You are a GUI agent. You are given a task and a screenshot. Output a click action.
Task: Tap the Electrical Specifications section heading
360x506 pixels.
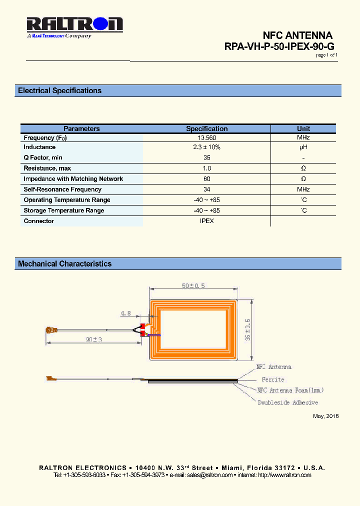pyautogui.click(x=59, y=90)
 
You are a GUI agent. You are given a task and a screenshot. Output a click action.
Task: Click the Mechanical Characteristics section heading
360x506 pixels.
pyautogui.click(x=64, y=263)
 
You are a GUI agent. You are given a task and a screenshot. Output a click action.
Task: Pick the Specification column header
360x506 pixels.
pyautogui.click(x=206, y=128)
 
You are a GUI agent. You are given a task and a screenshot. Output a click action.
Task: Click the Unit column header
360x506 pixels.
pyautogui.click(x=303, y=128)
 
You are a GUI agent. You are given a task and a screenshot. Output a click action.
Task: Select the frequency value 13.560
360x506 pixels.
pyautogui.click(x=206, y=137)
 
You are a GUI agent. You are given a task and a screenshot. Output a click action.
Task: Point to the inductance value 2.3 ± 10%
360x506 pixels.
pyautogui.click(x=206, y=147)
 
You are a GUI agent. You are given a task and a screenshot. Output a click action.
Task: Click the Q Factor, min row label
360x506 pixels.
pyautogui.click(x=43, y=158)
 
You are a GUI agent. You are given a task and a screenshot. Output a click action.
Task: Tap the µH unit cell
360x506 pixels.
pyautogui.click(x=303, y=147)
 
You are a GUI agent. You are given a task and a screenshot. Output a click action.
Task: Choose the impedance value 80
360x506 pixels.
pyautogui.click(x=206, y=179)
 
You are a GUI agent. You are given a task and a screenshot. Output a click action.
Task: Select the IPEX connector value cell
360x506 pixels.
pyautogui.click(x=206, y=221)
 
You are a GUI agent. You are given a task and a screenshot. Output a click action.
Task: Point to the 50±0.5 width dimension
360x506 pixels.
pyautogui.click(x=193, y=285)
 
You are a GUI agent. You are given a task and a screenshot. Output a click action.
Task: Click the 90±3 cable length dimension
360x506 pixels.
pyautogui.click(x=94, y=339)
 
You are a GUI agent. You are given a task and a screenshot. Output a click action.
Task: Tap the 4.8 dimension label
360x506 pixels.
pyautogui.click(x=125, y=313)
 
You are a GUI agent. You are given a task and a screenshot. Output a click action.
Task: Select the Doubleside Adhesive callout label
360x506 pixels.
pyautogui.click(x=287, y=402)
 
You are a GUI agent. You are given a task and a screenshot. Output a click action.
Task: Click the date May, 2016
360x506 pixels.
pyautogui.click(x=325, y=416)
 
